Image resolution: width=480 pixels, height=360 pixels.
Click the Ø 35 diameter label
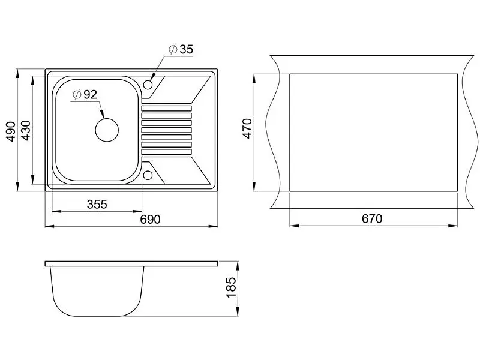click(x=181, y=49)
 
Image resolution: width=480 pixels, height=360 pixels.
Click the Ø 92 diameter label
click(x=85, y=95)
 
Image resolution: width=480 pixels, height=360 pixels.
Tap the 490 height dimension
click(x=11, y=131)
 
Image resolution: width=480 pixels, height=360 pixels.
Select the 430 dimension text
click(x=26, y=130)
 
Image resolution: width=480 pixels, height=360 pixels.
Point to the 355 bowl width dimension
click(x=97, y=204)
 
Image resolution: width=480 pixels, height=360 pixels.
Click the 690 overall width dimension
click(x=150, y=220)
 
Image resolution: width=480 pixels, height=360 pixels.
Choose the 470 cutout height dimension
click(x=247, y=128)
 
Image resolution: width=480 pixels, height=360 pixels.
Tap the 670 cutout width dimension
click(x=372, y=219)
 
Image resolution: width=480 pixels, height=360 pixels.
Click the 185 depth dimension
click(x=231, y=287)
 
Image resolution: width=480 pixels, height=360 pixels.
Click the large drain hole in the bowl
click(x=107, y=130)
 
